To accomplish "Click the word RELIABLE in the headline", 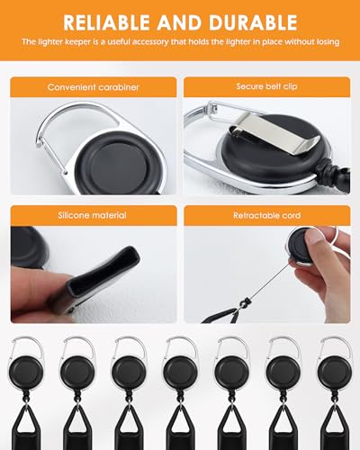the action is point(106,22).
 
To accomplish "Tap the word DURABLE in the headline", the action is point(253,22).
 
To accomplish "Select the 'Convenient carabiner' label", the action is point(93,87).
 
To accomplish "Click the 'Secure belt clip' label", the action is point(266,86).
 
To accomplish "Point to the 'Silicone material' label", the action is point(92,215).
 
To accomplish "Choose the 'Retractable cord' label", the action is point(267,215).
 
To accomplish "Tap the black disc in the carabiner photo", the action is point(121,163).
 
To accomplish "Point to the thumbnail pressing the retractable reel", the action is point(313,238).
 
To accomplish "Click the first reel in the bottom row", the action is point(25,372).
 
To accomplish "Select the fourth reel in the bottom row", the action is point(180,372).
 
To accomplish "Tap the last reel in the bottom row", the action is point(335,372).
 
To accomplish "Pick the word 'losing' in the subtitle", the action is point(328,41).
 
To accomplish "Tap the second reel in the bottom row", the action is point(77,372).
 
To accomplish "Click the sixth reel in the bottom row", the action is point(283,372).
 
